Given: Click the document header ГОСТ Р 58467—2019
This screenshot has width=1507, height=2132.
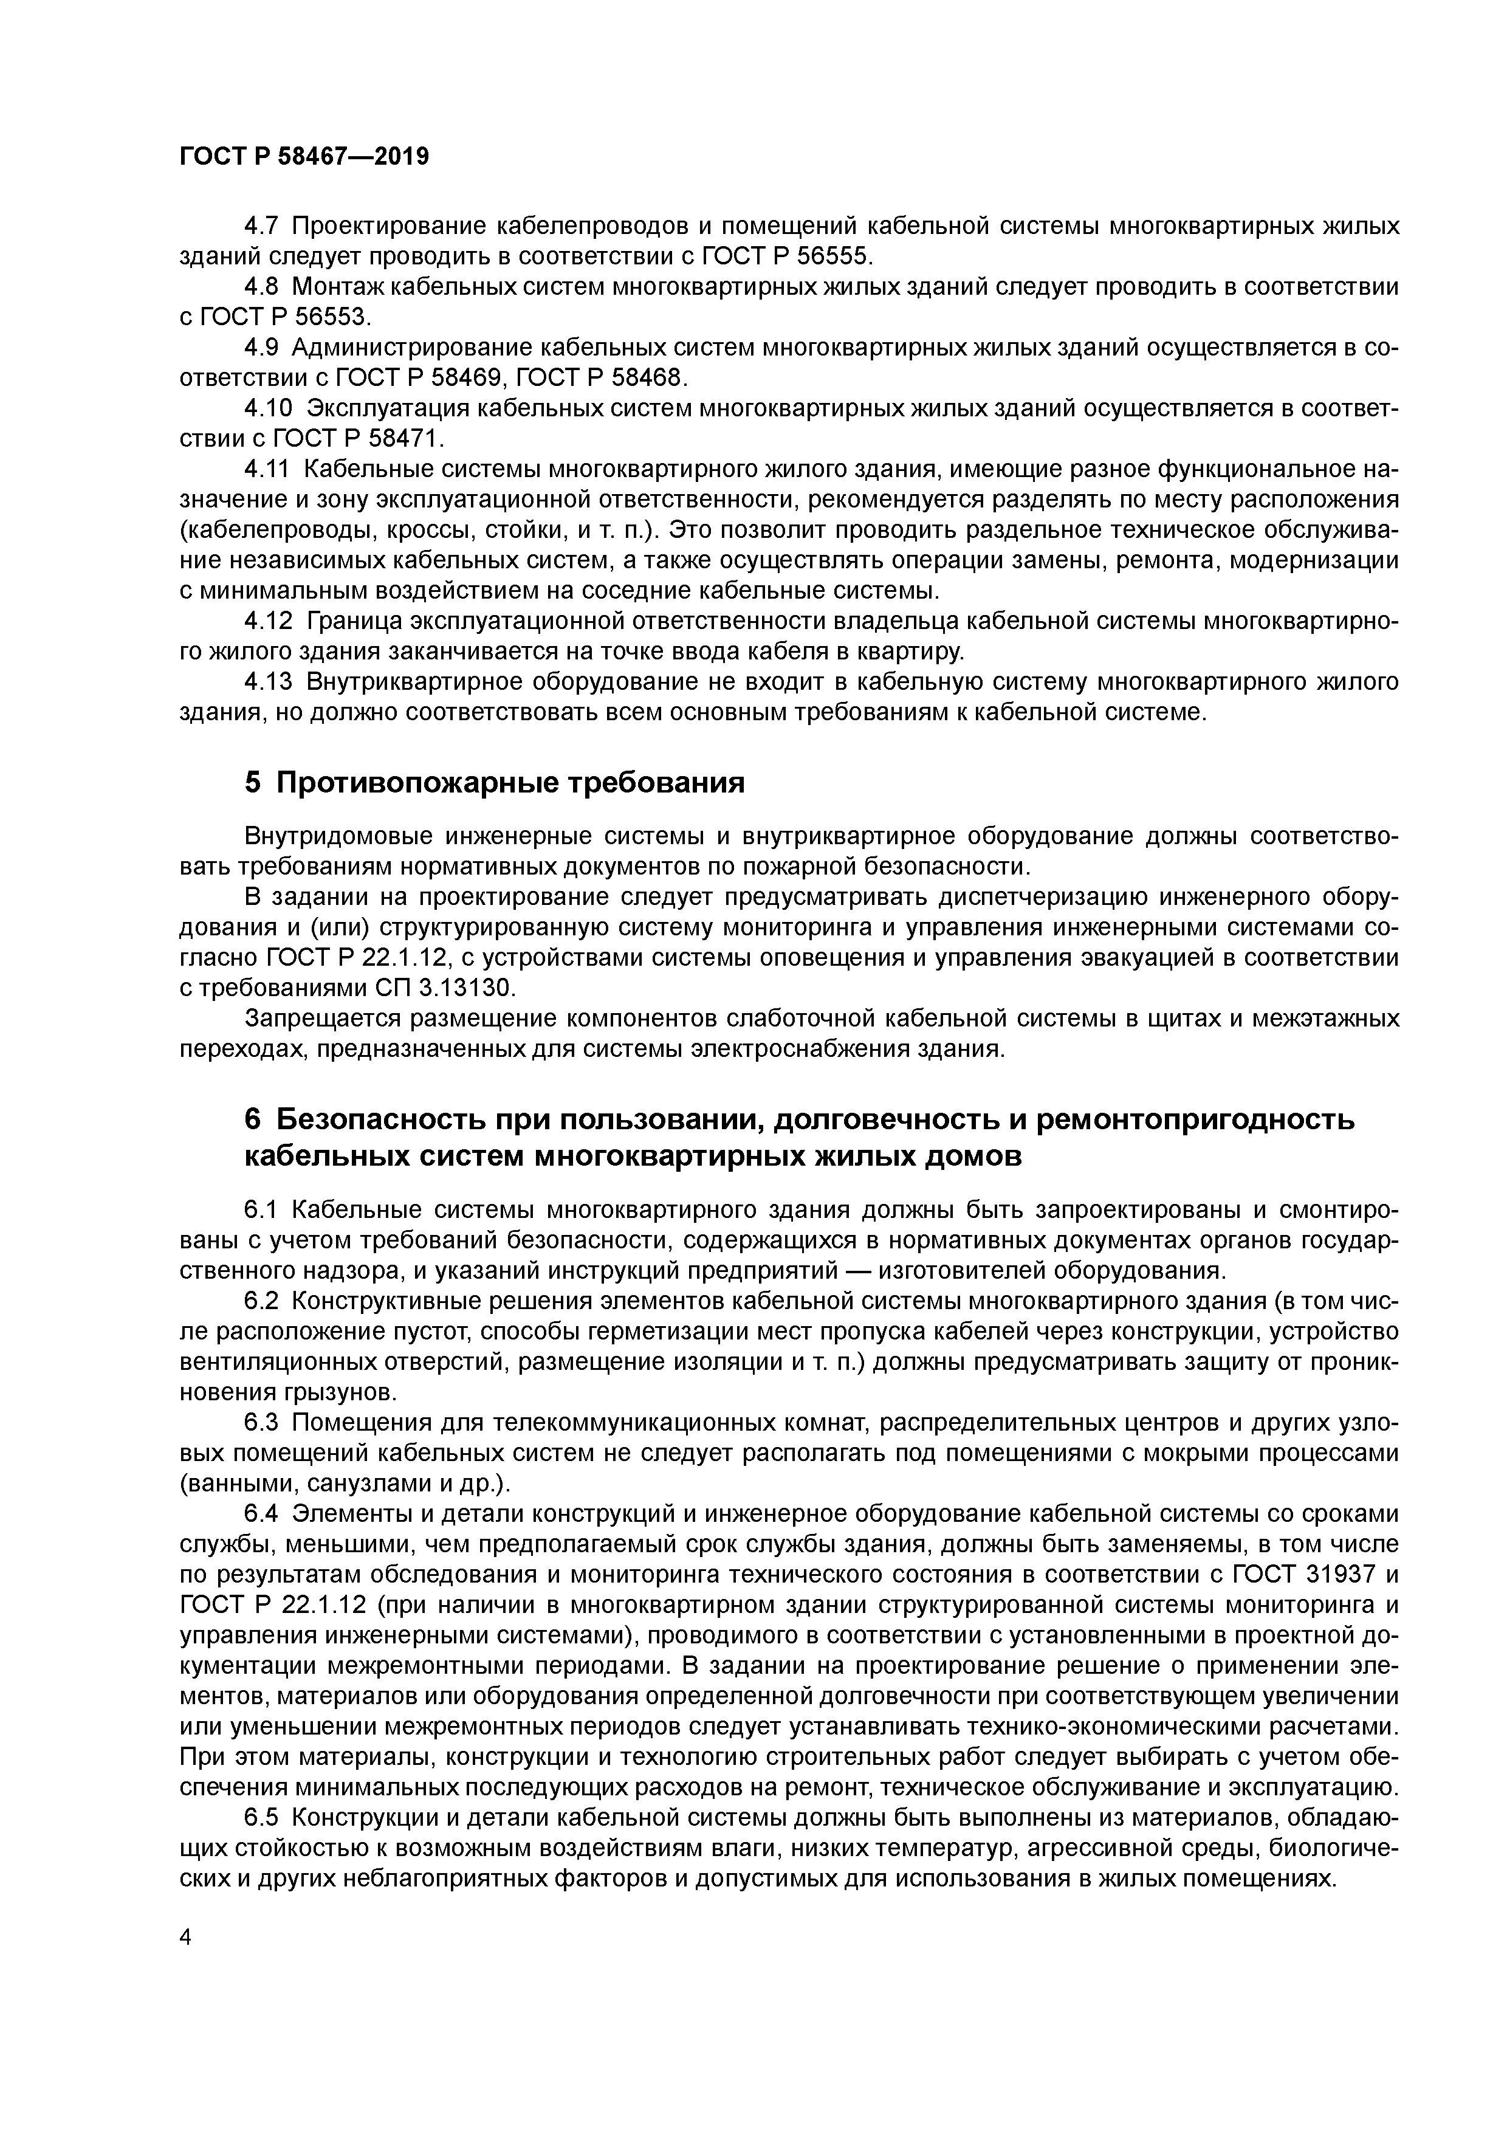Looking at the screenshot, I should tap(304, 157).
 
